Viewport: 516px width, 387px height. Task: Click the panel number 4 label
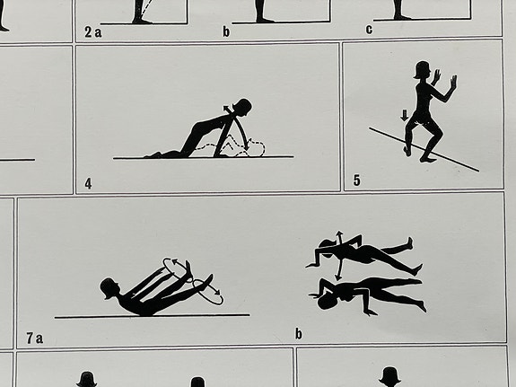[88, 183]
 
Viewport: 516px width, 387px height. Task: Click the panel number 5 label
[357, 180]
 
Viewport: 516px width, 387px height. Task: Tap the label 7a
[35, 339]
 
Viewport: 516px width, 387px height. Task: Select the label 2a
[93, 32]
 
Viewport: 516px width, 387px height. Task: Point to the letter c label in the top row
[369, 30]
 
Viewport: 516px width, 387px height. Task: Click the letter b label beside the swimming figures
[299, 334]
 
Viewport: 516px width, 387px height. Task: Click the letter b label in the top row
[226, 31]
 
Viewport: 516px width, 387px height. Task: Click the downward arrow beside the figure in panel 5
[405, 115]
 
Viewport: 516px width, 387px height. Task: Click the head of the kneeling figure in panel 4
[243, 108]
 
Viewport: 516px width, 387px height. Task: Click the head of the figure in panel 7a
[109, 288]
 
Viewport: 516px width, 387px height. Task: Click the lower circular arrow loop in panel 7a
[208, 292]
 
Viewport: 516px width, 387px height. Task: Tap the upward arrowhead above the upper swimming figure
[339, 233]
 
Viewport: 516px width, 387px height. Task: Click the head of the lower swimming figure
[329, 301]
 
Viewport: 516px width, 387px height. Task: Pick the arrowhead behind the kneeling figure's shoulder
[226, 109]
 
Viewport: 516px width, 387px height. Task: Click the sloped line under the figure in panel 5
[424, 150]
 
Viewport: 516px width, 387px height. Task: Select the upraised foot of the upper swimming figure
[410, 242]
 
